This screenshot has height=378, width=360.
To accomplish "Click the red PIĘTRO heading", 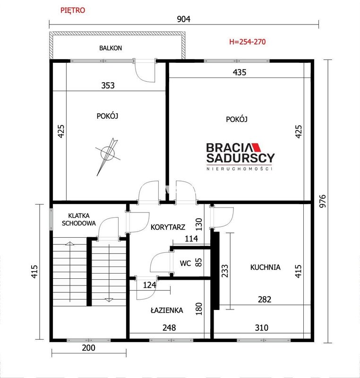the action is coord(73,10).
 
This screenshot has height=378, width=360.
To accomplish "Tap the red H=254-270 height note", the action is coord(247,42).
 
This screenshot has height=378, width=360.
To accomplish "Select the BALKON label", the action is coord(111,48).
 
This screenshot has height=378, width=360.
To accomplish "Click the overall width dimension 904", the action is coord(184,19).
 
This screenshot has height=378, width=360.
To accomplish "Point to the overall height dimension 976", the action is coord(322,201).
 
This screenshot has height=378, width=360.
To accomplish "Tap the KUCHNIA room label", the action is coord(266,267).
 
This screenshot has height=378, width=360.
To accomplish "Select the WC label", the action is coord(185,263).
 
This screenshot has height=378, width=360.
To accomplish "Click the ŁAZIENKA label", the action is coord(167,310).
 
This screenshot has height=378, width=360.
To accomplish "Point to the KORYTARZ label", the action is coord(168,227).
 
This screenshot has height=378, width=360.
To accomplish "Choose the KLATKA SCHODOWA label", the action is coord(79,219).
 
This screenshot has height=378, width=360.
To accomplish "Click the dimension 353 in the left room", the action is coord(108,86).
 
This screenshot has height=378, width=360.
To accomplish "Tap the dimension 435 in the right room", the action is coord(240,72).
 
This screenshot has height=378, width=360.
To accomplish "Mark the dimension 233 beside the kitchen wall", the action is coord(224,271).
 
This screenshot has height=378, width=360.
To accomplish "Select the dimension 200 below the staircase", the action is coord(89,348).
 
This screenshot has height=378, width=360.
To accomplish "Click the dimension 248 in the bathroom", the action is coord(169,327).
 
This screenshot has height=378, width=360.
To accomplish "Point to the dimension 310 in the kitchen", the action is coord(261,327).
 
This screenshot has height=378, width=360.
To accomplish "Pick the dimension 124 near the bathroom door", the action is coord(150,285).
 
